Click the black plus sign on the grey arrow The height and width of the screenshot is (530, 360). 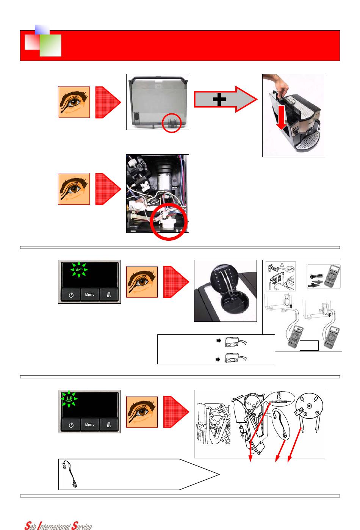219,100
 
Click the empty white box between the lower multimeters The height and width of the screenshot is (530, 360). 309,345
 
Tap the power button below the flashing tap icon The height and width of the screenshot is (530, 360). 71,295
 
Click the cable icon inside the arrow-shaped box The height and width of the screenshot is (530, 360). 70,474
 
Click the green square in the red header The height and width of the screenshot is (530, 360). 50,45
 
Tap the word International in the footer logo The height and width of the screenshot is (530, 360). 52,526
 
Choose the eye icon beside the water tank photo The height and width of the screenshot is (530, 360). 74,102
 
